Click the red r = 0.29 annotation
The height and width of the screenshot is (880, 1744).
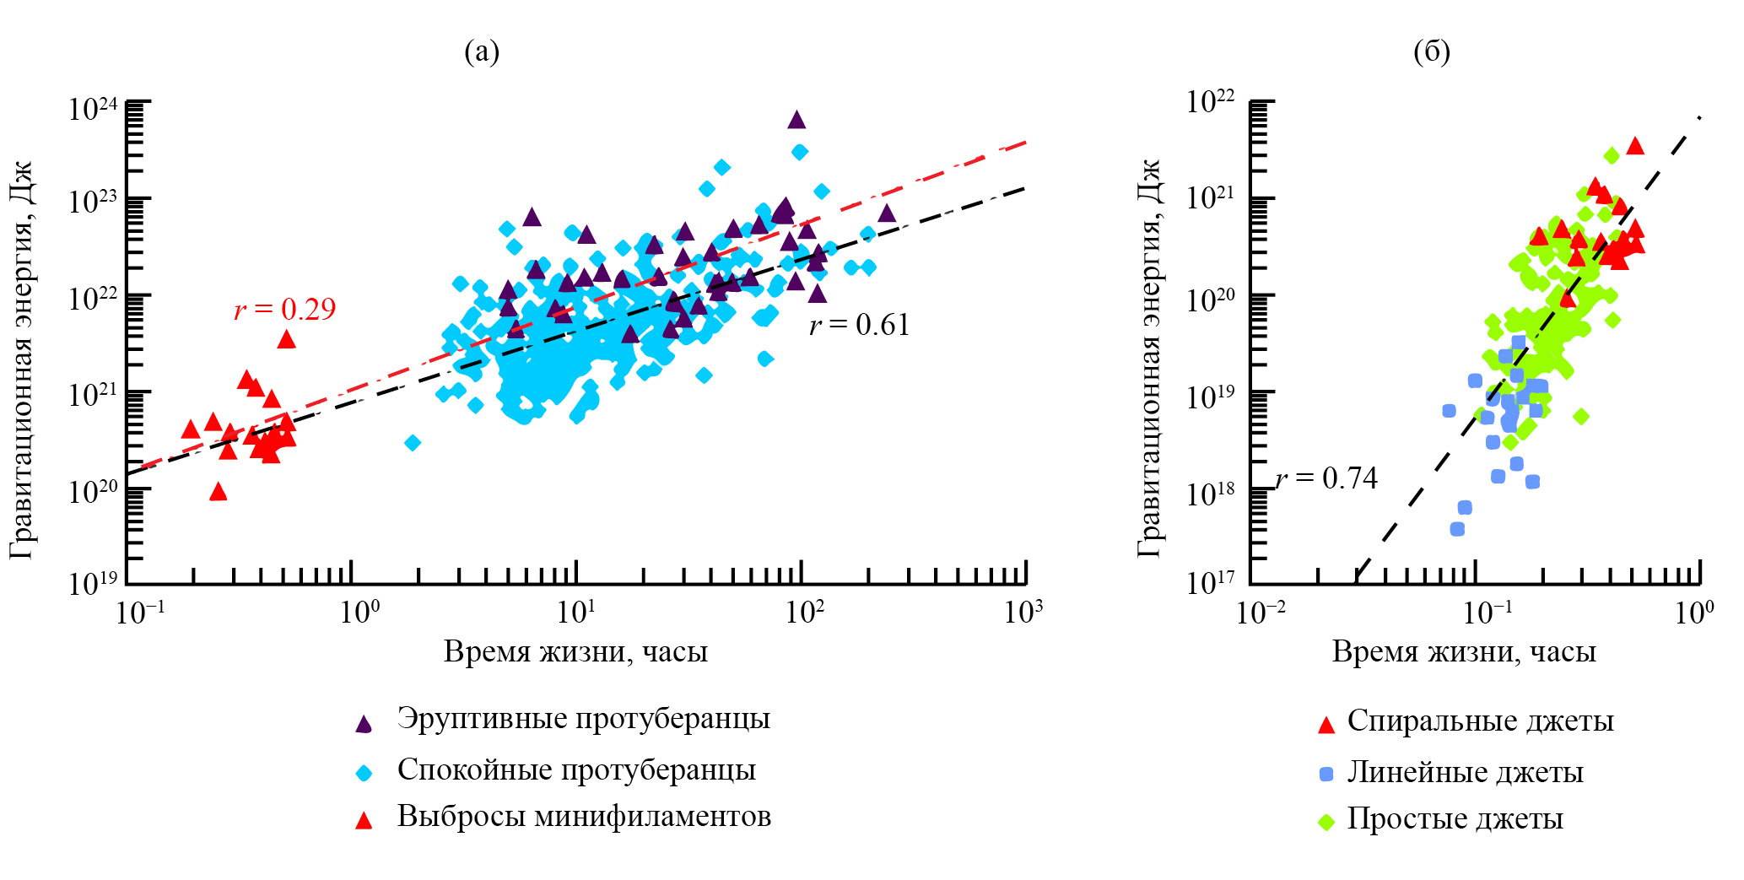pos(284,310)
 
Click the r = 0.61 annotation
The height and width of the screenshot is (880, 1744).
pos(859,325)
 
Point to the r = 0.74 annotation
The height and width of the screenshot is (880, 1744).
pos(1326,478)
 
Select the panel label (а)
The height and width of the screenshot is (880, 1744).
pos(482,52)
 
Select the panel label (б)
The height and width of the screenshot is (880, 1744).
pos(1432,52)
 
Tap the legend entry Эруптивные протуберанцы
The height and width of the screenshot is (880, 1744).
pos(583,719)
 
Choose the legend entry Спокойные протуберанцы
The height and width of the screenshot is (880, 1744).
pos(576,769)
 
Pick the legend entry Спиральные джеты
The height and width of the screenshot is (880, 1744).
pos(1480,721)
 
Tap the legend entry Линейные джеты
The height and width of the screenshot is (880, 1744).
pos(1465,772)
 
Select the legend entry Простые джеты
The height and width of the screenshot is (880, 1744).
pos(1455,818)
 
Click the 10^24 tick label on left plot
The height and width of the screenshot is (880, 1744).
pos(94,108)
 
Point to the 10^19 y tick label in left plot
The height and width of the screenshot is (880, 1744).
pos(94,582)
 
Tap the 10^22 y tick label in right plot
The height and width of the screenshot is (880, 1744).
pos(1210,102)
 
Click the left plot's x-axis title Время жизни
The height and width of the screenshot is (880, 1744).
pos(575,651)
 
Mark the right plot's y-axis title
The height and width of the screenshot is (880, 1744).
pos(1149,359)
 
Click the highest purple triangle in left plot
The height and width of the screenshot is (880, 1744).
pos(796,120)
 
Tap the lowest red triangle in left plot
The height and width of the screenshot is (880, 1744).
pos(219,491)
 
